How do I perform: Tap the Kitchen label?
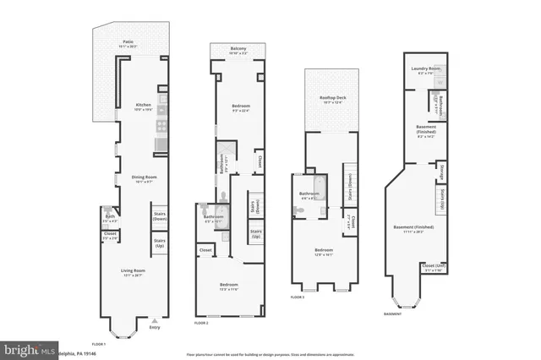(x=144, y=106)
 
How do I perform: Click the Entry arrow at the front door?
(x=154, y=323)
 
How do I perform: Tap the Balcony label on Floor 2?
(x=239, y=49)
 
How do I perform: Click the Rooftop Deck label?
(x=331, y=100)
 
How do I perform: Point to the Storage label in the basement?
(x=441, y=172)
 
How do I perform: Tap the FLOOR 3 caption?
(x=298, y=297)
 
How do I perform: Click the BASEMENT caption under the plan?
(x=392, y=313)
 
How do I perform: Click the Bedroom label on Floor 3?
(x=324, y=250)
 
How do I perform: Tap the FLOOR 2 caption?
(x=201, y=323)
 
